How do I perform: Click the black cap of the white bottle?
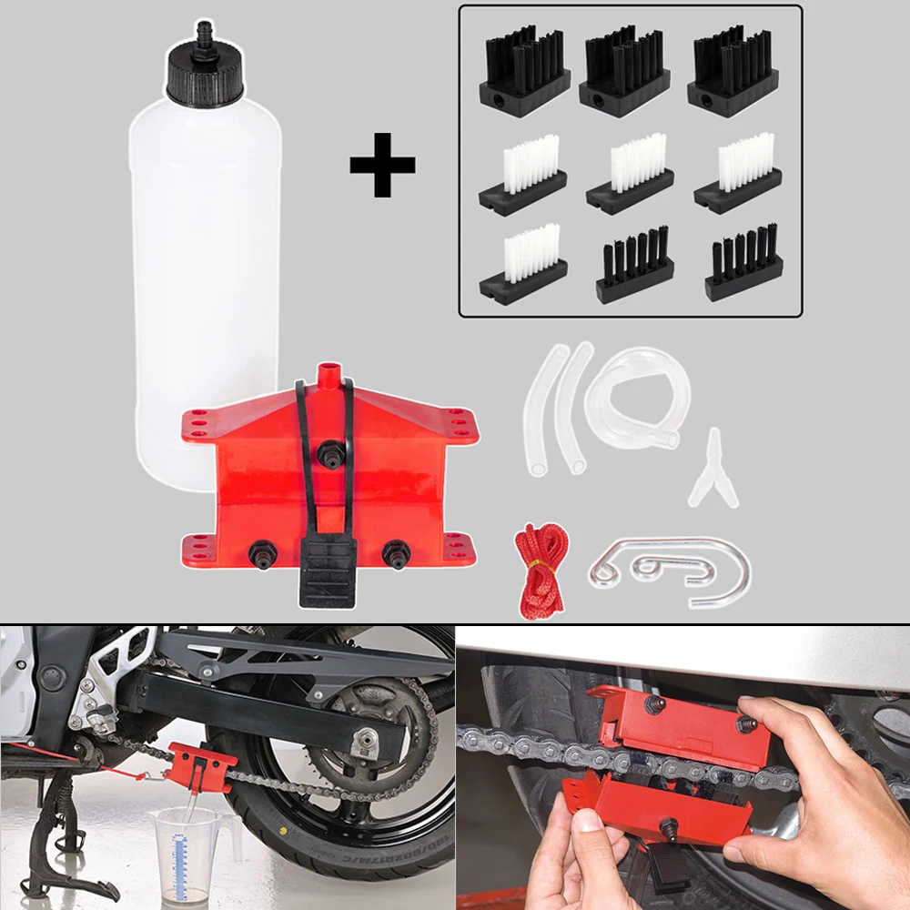(x=205, y=77)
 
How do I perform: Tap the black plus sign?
(x=382, y=164)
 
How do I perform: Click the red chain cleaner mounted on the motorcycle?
(x=202, y=769)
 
